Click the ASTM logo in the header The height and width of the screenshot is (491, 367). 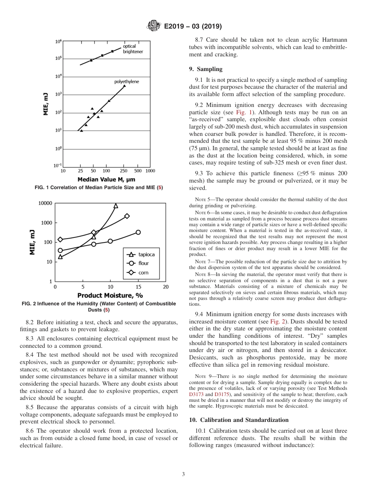[x=153, y=27]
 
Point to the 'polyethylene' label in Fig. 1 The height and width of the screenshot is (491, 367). [x=126, y=82]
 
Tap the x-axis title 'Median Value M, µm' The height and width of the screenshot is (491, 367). [x=106, y=179]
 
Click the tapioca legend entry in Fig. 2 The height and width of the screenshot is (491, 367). [x=141, y=254]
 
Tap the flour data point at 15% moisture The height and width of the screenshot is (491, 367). [x=138, y=232]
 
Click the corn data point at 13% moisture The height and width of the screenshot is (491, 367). [x=127, y=216]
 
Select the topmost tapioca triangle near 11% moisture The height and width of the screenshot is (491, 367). [x=116, y=206]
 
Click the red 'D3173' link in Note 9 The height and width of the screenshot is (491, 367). [x=196, y=395]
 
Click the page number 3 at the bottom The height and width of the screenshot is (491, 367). [x=183, y=474]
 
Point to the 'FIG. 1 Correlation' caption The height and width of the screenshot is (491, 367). [x=99, y=188]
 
